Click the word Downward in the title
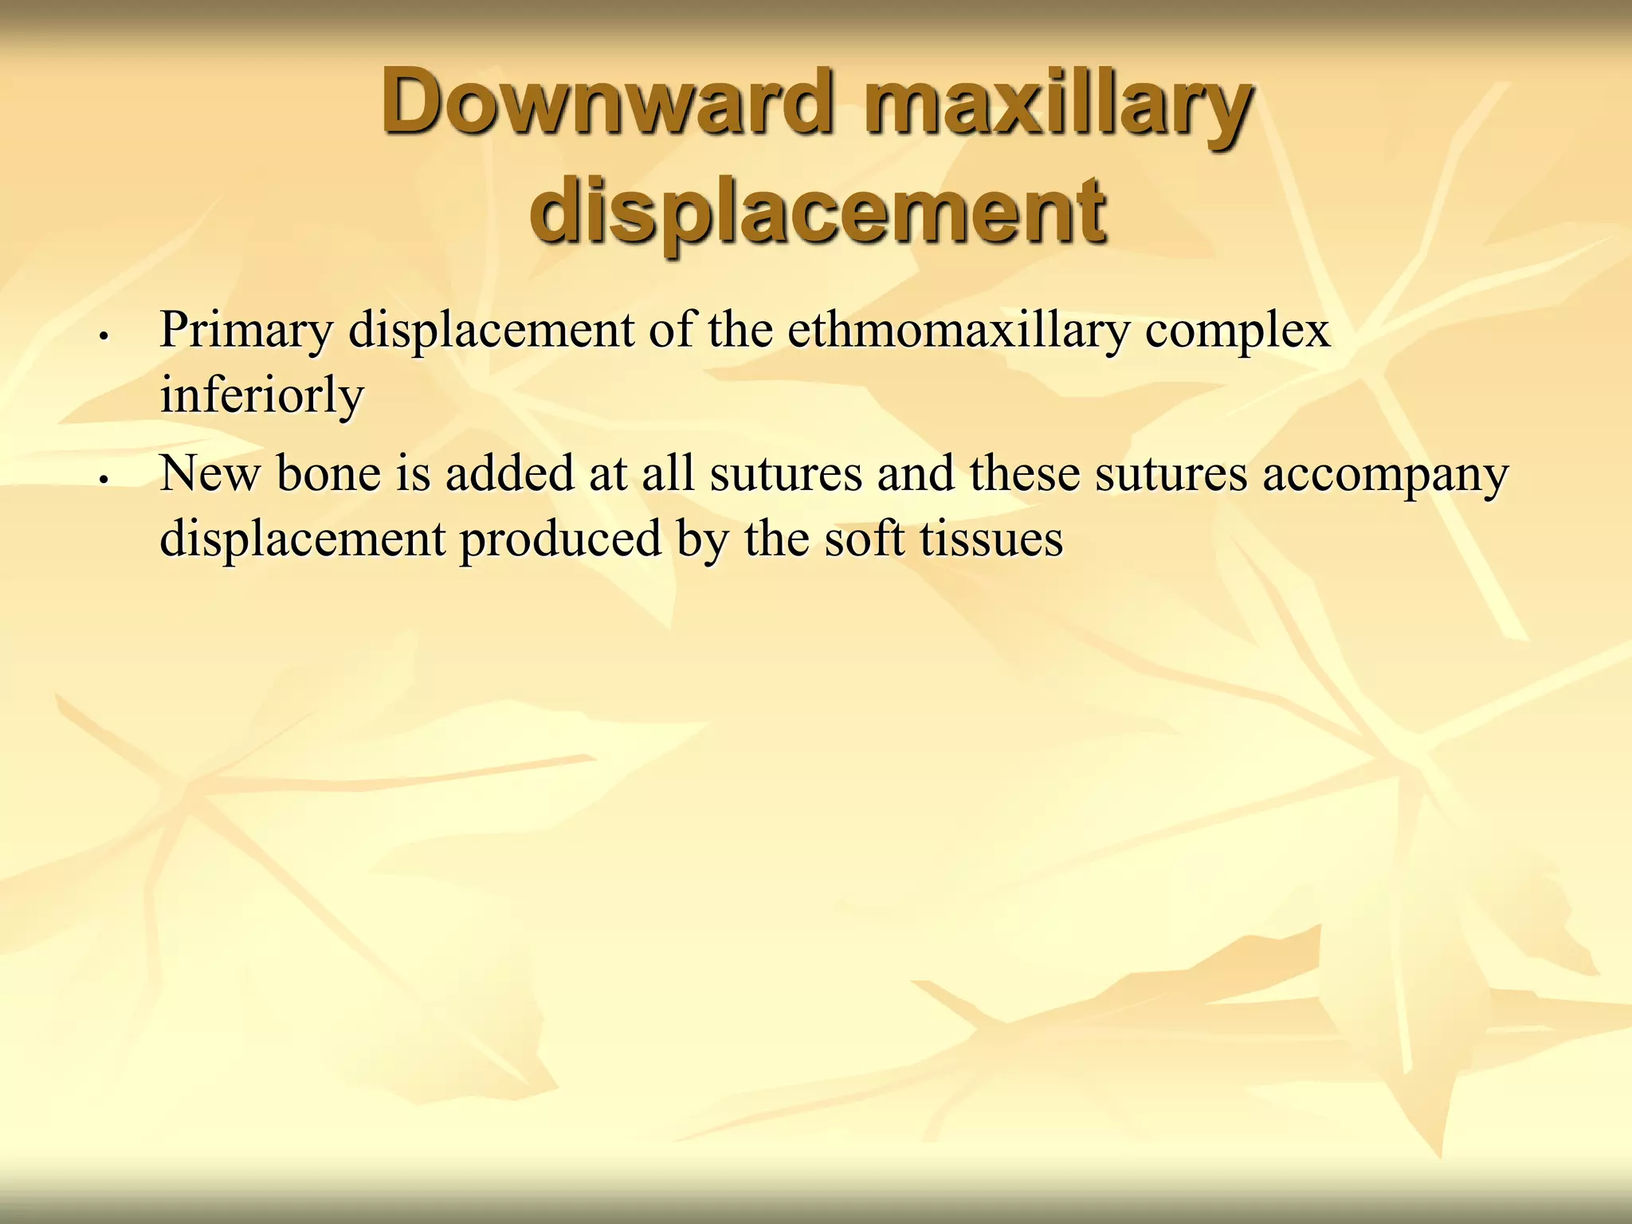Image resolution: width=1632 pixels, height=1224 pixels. point(608,102)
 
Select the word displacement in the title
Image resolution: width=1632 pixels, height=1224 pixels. point(818,212)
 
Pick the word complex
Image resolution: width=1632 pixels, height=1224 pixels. point(1238,331)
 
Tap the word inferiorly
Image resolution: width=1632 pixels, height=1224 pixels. point(261,395)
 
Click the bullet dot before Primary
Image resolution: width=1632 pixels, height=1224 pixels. point(103,336)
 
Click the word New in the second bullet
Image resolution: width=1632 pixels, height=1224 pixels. point(210,473)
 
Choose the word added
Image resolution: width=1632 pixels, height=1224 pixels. point(509,473)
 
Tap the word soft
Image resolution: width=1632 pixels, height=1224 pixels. point(864,539)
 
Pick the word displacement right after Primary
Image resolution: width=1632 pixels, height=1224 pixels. point(491,331)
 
